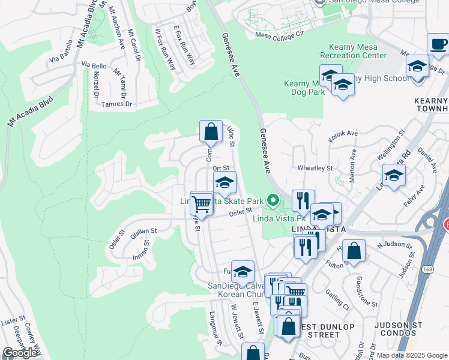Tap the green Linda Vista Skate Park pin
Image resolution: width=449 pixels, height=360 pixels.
[274, 200]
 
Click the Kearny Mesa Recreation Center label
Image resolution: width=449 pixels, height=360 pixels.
[358, 51]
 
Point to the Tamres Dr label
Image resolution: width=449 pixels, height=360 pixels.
[117, 103]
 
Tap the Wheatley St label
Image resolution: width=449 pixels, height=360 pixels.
[316, 169]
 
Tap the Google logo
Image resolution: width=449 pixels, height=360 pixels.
[20, 352]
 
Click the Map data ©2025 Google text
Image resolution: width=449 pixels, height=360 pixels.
[412, 355]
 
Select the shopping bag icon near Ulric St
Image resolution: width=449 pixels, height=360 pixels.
[211, 131]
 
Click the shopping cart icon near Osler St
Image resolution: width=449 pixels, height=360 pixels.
[202, 205]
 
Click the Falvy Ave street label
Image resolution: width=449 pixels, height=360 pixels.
[414, 196]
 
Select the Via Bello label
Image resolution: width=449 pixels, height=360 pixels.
[94, 65]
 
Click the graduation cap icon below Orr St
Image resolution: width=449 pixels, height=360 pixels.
[224, 182]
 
